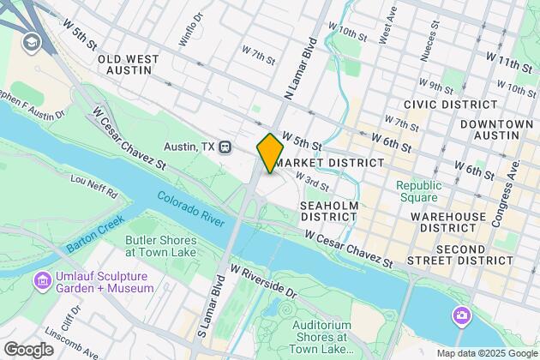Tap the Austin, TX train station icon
226,147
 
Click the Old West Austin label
129,65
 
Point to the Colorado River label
191,208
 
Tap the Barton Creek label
92,241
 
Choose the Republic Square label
418,191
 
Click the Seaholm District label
328,211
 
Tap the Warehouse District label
448,222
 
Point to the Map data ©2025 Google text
486,353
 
